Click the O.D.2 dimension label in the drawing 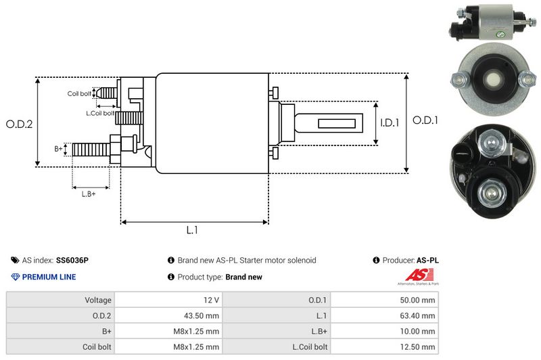pyautogui.click(x=19, y=124)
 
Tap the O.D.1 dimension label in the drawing pyautogui.click(x=426, y=120)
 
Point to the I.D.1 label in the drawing pyautogui.click(x=390, y=123)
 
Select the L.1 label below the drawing pyautogui.click(x=193, y=230)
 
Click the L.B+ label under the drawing pyautogui.click(x=89, y=194)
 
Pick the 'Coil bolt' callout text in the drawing pyautogui.click(x=79, y=93)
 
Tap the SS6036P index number pyautogui.click(x=72, y=260)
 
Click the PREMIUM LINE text pyautogui.click(x=49, y=277)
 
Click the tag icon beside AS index pyautogui.click(x=15, y=260)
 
